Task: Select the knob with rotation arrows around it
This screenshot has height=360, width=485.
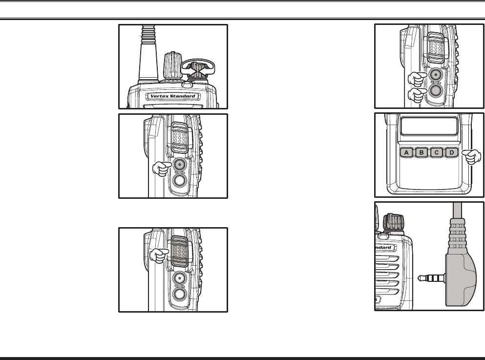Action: click(x=197, y=70)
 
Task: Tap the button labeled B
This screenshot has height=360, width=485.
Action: click(x=422, y=153)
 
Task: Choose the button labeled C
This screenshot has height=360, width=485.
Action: click(x=437, y=153)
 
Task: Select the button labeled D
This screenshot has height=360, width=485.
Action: click(x=452, y=153)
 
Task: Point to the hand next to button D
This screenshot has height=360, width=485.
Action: click(x=471, y=157)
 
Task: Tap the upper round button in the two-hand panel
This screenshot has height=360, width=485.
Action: click(x=436, y=75)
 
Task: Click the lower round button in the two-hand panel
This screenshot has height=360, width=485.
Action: click(x=436, y=90)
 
